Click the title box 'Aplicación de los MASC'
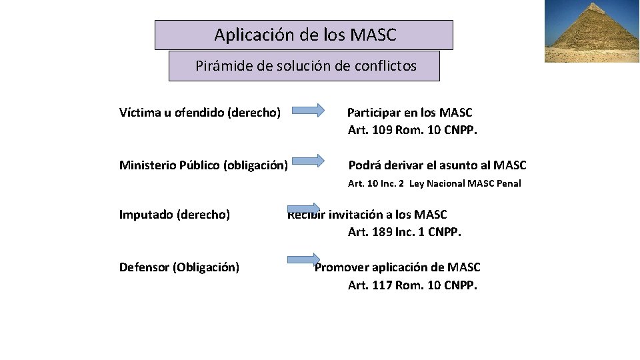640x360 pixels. (304, 35)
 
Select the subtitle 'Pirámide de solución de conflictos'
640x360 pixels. (304, 66)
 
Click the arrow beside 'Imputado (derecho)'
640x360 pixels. (304, 209)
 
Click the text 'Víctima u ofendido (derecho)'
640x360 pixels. (199, 112)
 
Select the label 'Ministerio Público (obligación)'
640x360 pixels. (203, 165)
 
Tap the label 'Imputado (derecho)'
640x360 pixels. (175, 214)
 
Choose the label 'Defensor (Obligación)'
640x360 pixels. (179, 267)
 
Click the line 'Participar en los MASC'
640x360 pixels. (410, 112)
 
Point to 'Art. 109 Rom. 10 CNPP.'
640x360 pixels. (413, 130)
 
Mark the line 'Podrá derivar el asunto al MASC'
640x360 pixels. (437, 165)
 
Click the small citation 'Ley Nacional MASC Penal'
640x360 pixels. (465, 183)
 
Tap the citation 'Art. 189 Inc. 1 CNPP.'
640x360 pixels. (405, 232)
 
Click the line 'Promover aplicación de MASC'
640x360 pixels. (397, 267)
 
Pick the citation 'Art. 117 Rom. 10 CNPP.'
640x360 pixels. (413, 285)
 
